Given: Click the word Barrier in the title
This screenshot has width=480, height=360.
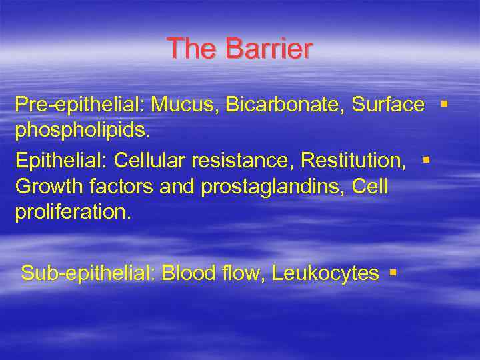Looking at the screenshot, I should [269, 49].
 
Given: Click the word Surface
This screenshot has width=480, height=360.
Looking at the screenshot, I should [388, 105].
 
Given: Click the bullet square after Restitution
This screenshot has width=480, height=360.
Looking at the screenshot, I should [425, 160].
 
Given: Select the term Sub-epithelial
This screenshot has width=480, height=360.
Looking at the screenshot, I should [87, 273].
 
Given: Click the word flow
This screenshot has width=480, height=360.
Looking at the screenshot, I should [242, 273].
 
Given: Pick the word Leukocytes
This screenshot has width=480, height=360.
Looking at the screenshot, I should [325, 273].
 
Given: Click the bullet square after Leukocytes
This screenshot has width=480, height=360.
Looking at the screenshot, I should [393, 273].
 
